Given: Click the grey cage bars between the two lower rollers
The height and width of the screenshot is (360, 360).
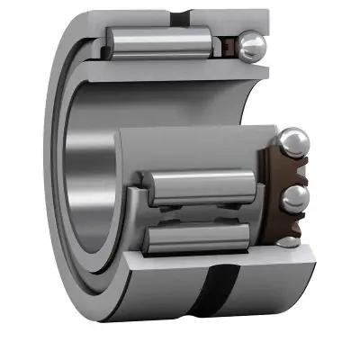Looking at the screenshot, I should (x=180, y=214).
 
